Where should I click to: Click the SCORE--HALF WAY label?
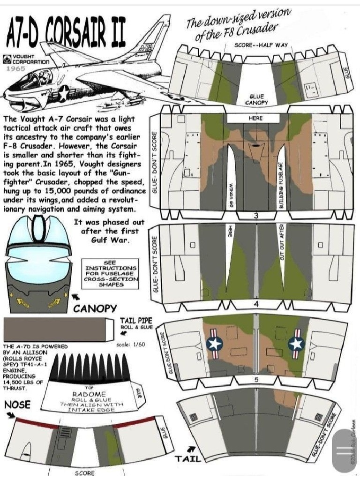point(261,45)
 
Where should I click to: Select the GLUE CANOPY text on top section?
point(256,99)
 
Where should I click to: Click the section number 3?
point(256,216)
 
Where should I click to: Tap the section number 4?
point(256,304)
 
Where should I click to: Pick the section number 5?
point(256,380)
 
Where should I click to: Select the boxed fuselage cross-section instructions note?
point(110,274)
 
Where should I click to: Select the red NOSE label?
point(17,404)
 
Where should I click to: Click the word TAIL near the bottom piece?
point(188,459)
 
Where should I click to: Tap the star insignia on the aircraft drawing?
point(62,93)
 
